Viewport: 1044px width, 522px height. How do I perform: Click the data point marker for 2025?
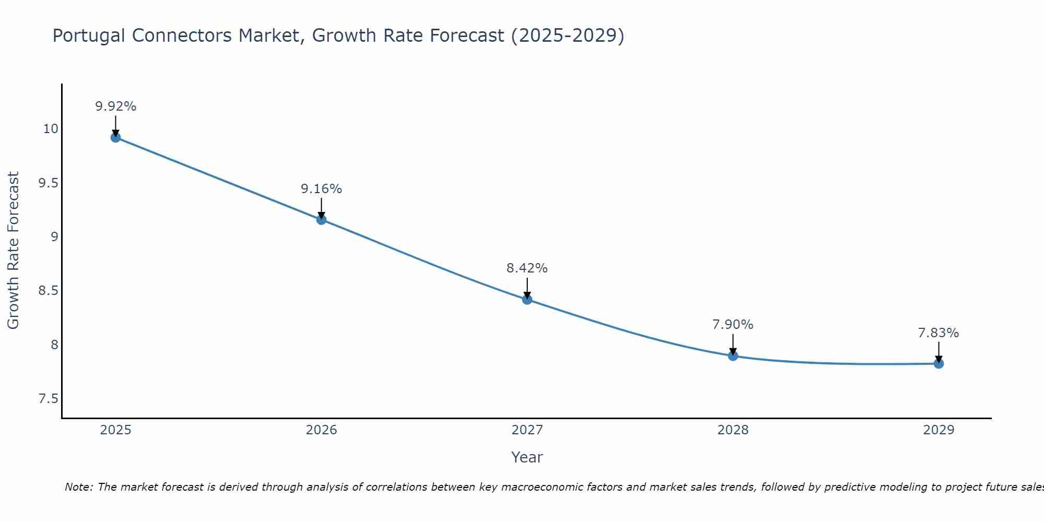115,137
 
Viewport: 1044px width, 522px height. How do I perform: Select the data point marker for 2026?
322,220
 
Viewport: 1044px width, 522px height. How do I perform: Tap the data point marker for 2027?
527,299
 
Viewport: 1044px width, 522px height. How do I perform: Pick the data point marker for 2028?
733,356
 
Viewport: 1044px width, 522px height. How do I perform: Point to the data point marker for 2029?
939,363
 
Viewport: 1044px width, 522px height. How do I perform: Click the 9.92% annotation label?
115,106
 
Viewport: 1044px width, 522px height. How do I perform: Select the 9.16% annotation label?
322,189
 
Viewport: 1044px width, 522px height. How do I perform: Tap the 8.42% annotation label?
527,268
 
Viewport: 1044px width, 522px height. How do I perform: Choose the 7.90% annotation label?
733,325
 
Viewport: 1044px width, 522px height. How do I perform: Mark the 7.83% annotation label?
939,333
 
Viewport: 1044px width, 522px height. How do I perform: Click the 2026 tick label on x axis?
322,430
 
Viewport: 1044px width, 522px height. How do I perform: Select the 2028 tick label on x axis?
733,430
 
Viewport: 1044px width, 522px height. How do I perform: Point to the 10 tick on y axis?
51,128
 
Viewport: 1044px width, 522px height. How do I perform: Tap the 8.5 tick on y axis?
48,291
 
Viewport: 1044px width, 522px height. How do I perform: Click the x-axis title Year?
527,457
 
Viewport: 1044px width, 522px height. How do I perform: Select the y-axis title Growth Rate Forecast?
13,251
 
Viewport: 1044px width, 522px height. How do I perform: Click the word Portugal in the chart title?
89,35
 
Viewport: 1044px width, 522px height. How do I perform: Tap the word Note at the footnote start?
78,487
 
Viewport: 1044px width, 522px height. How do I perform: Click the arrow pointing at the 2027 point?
527,288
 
